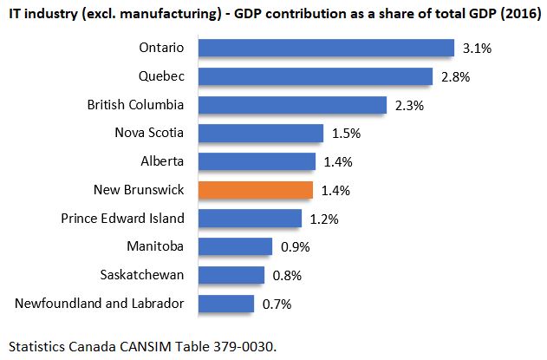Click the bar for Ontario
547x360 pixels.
[327, 48]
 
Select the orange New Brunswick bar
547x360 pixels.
[256, 190]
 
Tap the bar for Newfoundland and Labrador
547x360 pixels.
[226, 304]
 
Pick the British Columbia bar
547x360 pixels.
[292, 105]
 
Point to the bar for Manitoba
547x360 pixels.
[236, 247]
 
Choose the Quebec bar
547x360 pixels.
[316, 76]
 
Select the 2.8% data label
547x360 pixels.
[455, 77]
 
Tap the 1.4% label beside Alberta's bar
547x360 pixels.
[338, 162]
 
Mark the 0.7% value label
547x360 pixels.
[277, 304]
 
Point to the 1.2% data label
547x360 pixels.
[324, 219]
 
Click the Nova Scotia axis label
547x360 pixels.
[149, 133]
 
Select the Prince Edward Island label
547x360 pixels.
[122, 218]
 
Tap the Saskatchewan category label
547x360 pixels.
[143, 275]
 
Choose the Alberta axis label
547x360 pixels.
[162, 161]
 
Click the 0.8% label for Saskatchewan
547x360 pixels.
[287, 276]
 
